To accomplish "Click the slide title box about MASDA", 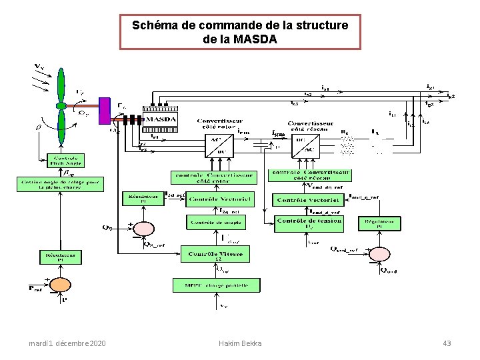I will tap(240, 32).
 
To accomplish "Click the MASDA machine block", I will tap(161, 119).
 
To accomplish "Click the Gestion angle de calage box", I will tap(61, 184).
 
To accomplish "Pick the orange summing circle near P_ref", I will tap(60, 285).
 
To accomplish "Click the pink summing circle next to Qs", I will tap(143, 228).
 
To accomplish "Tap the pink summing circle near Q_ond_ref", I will tap(379, 254).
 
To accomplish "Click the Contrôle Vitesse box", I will tap(216, 254).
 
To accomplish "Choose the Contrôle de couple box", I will tap(215, 222).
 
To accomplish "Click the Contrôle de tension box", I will tap(309, 224).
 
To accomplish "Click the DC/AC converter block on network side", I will tap(307, 144).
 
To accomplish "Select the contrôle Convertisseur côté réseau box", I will tap(310, 175).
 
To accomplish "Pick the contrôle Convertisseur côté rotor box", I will tap(214, 177).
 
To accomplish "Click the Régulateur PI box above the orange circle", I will tap(60, 256).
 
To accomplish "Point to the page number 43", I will tap(447, 343).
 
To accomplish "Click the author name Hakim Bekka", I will tap(240, 343).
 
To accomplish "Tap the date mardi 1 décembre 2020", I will tap(67, 343).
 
